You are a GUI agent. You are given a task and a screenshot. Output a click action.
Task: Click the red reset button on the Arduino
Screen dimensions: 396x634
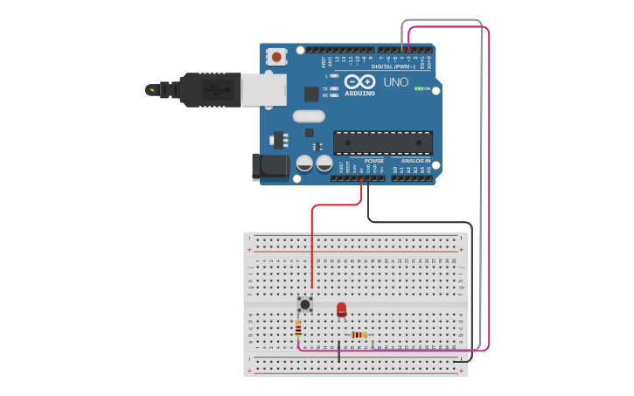point(276,57)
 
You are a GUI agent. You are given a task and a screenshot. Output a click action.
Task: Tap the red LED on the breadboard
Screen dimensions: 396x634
point(341,309)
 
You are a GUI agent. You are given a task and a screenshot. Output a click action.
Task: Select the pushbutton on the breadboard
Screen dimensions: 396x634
point(304,303)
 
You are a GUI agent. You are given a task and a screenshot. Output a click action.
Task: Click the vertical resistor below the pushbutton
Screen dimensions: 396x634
point(298,329)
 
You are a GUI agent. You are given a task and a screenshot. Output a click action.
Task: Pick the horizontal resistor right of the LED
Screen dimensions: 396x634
point(359,335)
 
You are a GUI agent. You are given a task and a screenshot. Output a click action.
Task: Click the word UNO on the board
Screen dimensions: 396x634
point(396,82)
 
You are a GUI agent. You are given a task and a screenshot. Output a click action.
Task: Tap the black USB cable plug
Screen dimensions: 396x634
point(210,90)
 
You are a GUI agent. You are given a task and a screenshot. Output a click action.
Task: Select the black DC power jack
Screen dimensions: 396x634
point(268,167)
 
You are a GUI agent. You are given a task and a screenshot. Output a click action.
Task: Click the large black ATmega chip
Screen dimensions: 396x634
point(383,142)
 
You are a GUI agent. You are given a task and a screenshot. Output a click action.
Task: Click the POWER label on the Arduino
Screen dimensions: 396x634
point(373,161)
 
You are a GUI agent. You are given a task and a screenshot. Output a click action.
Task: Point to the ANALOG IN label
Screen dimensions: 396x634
point(415,161)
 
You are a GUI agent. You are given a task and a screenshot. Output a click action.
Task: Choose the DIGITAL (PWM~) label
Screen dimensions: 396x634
point(393,66)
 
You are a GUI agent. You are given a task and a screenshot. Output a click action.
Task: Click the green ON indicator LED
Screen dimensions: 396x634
point(418,88)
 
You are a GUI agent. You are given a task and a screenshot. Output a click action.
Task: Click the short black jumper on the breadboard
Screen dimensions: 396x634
point(339,352)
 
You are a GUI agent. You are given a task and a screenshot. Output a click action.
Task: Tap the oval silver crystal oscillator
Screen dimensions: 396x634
point(309,115)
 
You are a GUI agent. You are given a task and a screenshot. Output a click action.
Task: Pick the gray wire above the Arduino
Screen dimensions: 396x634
point(442,20)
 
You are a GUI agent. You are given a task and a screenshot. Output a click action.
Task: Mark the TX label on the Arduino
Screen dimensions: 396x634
point(324,88)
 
